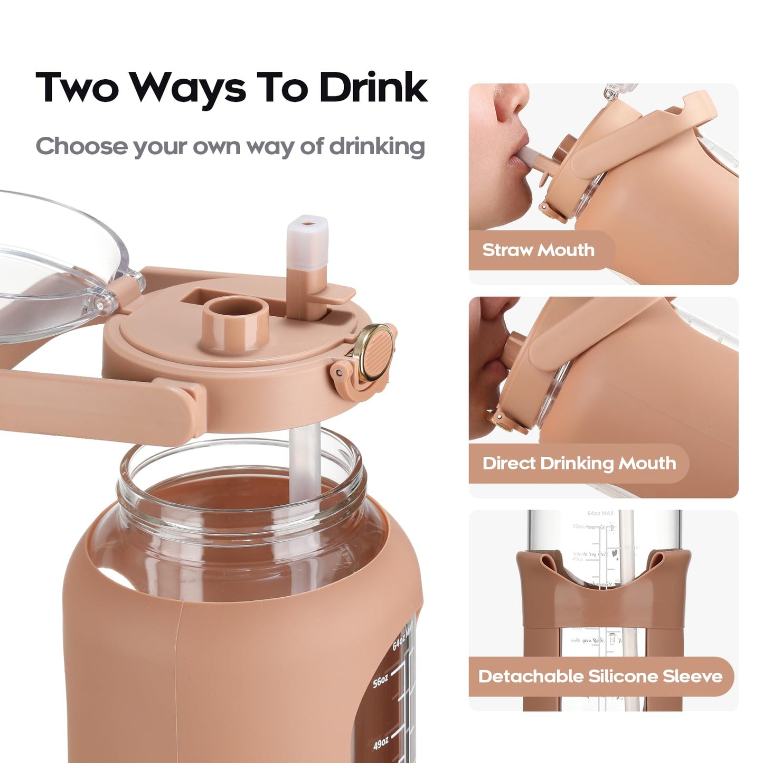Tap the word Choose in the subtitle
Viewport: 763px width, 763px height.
coord(81,146)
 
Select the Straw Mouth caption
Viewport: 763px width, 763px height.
coord(538,250)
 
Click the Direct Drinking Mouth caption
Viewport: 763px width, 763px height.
coord(579,463)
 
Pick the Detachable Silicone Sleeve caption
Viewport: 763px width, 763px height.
coord(600,676)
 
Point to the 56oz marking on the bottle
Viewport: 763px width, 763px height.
coord(381,682)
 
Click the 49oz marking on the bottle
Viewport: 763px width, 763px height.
coord(381,744)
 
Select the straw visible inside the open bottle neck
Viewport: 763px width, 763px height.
coord(305,465)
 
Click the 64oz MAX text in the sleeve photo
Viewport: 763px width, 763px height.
coord(600,513)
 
